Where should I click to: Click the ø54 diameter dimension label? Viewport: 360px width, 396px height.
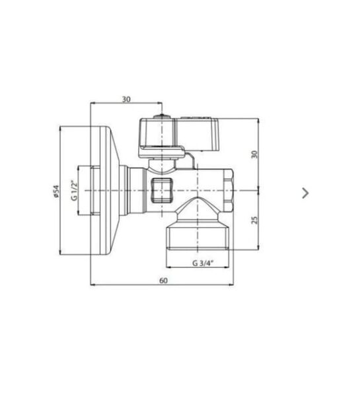coord(56,191)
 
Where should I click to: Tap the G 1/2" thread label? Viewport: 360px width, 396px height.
coord(74,190)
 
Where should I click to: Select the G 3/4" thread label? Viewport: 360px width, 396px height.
coord(203,263)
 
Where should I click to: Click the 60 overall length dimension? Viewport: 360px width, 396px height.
coord(163,280)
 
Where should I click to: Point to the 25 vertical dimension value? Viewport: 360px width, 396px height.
coord(255,220)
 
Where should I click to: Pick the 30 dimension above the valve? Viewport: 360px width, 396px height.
coord(126,99)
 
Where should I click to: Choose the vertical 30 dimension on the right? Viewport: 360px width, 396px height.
coord(255,154)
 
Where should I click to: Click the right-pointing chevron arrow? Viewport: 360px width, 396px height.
coord(305,193)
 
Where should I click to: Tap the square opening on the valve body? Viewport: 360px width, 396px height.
coord(162,190)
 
